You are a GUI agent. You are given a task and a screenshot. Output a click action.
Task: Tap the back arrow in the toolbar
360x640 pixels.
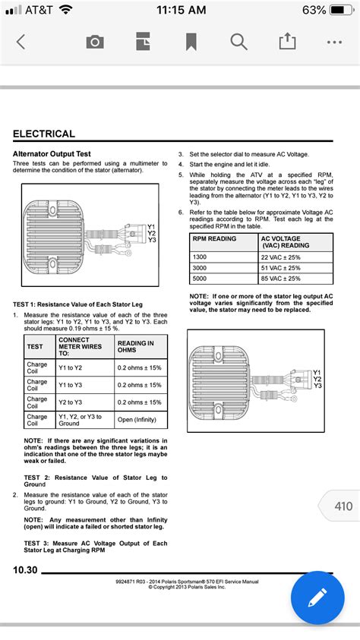21,42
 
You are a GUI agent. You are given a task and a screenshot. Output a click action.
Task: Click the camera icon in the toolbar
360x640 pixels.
95,42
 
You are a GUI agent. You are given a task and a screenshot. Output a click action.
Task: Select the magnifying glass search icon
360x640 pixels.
238,42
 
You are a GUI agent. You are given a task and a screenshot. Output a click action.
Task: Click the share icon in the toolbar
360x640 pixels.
287,42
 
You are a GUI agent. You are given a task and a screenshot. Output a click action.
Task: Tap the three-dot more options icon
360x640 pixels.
334,42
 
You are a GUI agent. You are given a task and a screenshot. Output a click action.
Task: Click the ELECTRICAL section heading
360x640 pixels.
44,134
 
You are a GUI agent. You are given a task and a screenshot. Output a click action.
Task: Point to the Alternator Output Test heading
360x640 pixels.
51,153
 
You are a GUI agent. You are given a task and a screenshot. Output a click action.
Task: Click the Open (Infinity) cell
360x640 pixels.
140,421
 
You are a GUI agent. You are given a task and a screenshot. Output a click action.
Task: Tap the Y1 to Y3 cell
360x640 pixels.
74,385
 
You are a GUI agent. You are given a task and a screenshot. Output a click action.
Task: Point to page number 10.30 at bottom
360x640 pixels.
25,570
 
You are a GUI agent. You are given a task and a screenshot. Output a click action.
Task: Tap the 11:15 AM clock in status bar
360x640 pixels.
180,10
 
